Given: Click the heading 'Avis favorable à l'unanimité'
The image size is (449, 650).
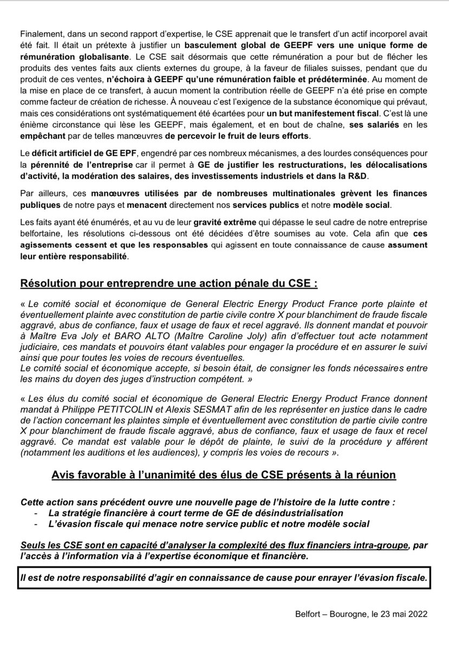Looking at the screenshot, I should (224, 474).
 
